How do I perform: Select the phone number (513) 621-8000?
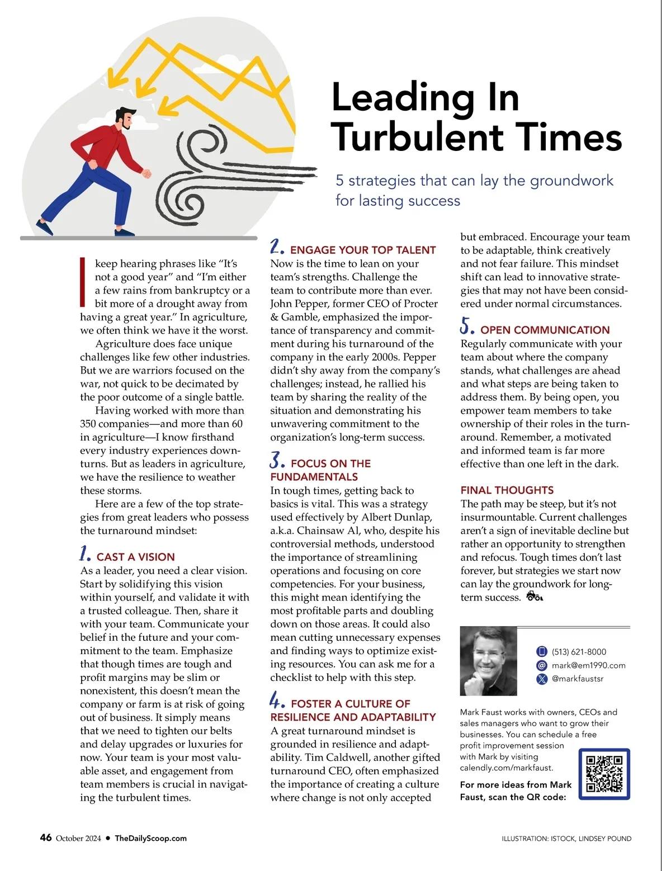tap(579, 652)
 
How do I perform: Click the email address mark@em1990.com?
tap(588, 665)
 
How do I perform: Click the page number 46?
tap(46, 837)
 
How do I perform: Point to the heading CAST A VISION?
tap(135, 557)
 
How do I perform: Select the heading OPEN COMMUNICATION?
tap(545, 330)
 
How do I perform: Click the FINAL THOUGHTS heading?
tap(507, 490)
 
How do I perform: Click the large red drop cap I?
tap(83, 282)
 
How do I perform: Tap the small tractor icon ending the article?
tap(535, 597)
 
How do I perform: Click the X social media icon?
tap(541, 679)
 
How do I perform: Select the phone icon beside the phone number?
tap(541, 652)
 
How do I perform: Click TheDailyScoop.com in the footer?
tap(150, 838)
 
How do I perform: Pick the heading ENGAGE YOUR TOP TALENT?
tap(362, 250)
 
